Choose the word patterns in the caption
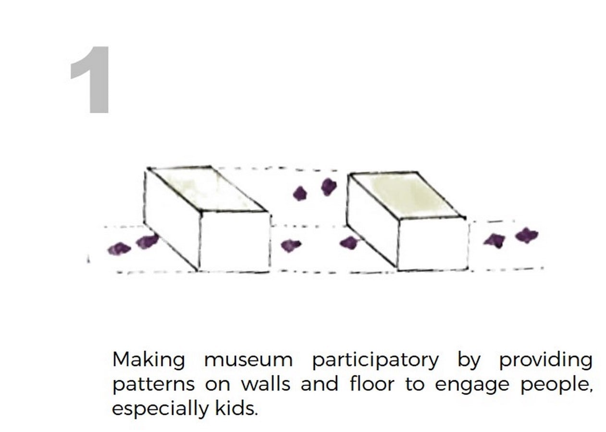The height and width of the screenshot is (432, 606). [x=153, y=385]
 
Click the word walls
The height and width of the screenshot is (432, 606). [x=266, y=383]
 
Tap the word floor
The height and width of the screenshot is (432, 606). [x=372, y=383]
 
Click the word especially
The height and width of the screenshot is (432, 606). [x=160, y=409]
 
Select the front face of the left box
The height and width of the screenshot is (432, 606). [x=235, y=241]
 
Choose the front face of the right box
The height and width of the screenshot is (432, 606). [x=433, y=244]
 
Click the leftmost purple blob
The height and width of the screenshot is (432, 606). [x=119, y=249]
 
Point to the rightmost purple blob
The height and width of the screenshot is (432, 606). [x=526, y=236]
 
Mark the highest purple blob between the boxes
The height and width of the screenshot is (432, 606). [x=329, y=187]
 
